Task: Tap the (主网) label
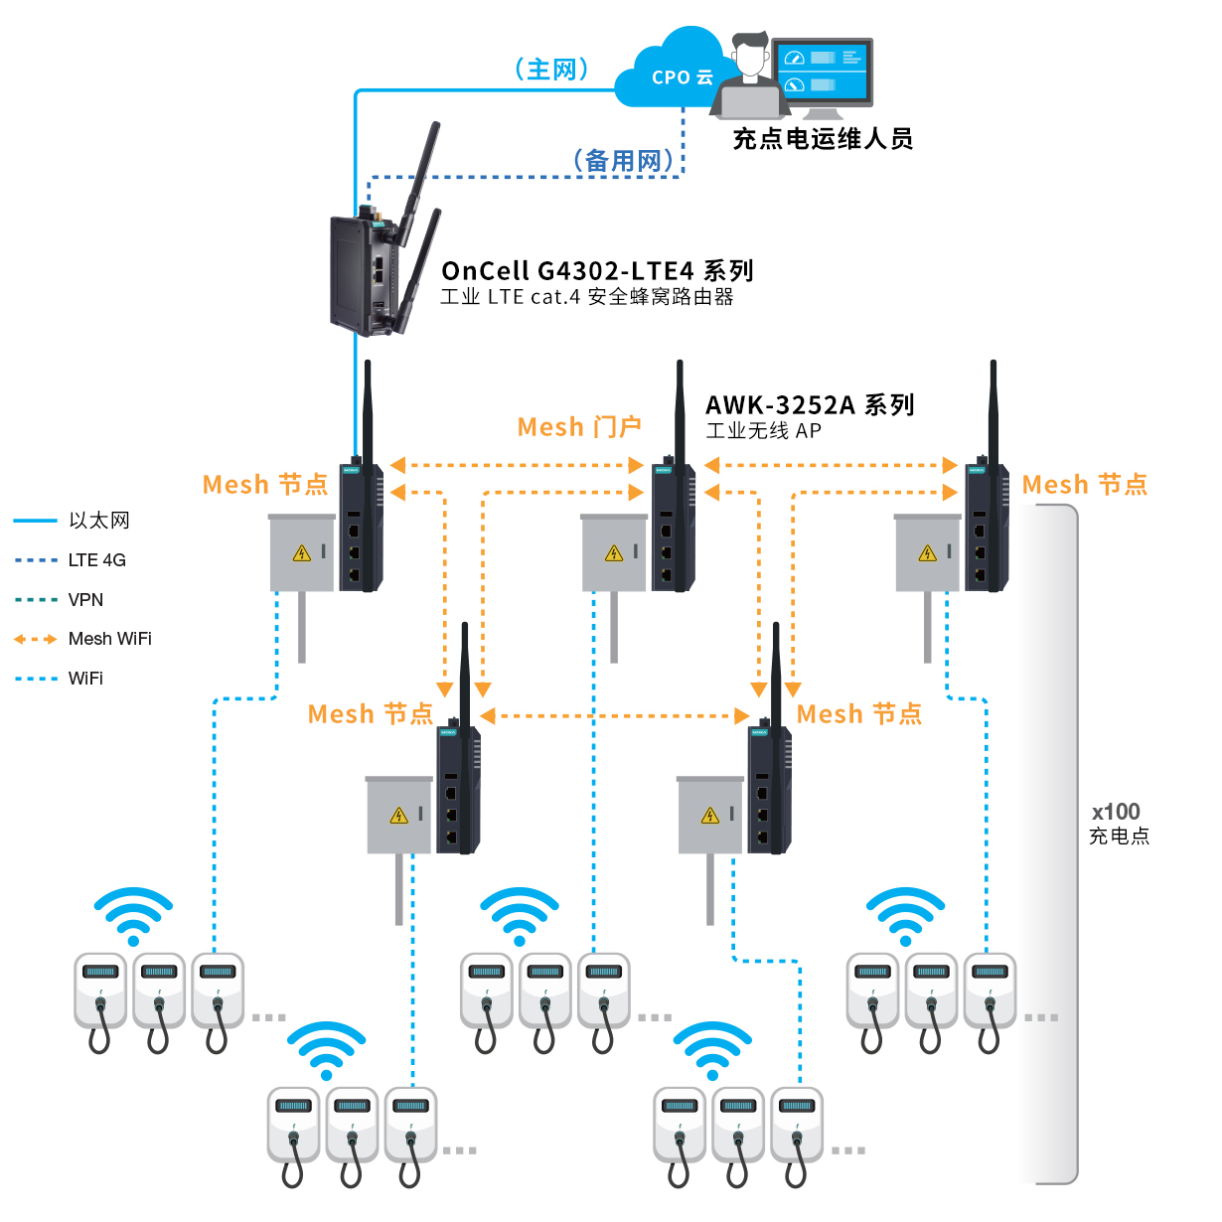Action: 552,69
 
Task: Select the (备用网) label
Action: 623,160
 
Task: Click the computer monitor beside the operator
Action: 822,72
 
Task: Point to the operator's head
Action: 750,55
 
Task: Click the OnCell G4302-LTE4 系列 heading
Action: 597,270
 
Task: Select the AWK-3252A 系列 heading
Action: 810,404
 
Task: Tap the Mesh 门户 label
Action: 579,427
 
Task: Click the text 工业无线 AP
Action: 763,431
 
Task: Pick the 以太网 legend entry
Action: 98,521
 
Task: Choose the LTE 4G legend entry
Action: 96,560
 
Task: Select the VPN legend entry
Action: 85,600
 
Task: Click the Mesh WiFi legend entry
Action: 109,639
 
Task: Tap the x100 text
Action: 1116,812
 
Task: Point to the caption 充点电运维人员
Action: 823,138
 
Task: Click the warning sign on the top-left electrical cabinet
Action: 302,553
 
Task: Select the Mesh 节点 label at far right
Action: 1085,485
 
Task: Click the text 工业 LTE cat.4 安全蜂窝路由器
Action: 587,297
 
